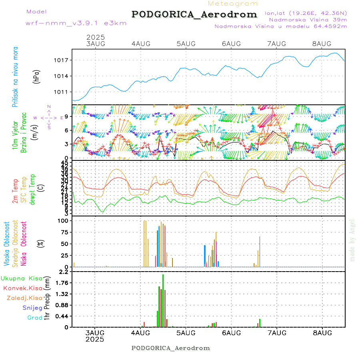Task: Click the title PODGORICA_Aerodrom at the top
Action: click(x=194, y=14)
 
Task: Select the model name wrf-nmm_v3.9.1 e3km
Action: click(x=76, y=23)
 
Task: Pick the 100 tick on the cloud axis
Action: click(x=64, y=221)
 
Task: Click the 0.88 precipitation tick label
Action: click(x=63, y=305)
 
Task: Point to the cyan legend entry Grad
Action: click(x=34, y=318)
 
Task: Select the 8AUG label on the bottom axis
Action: click(x=322, y=333)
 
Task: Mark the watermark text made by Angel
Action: click(x=352, y=240)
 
